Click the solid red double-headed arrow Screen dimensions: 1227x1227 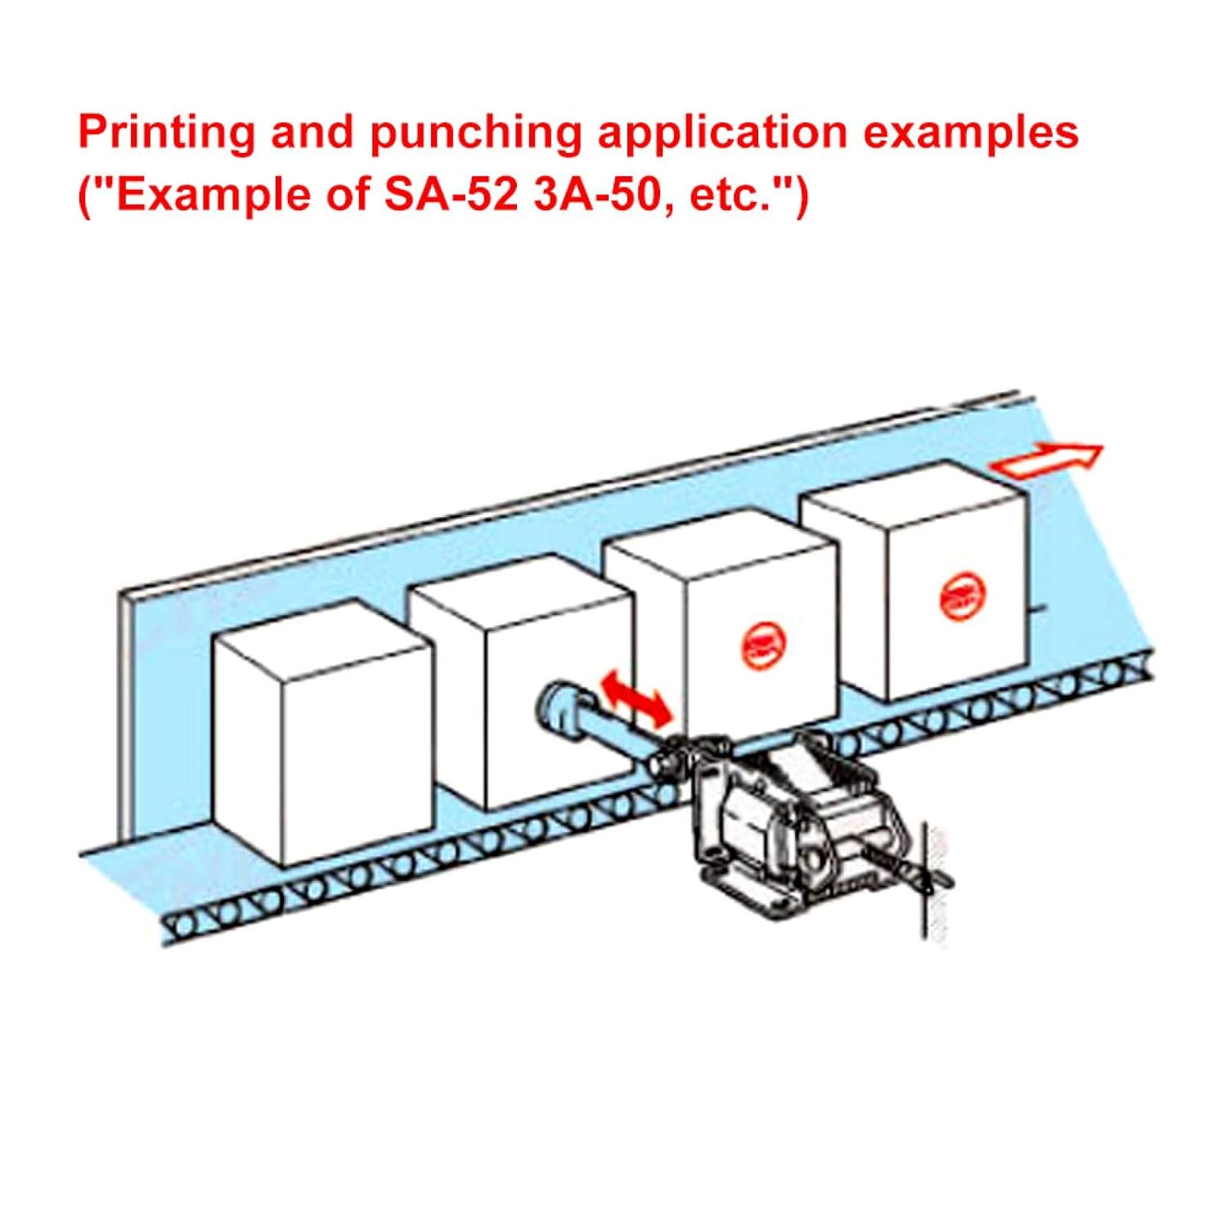tap(636, 697)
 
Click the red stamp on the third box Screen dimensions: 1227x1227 tap(762, 642)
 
